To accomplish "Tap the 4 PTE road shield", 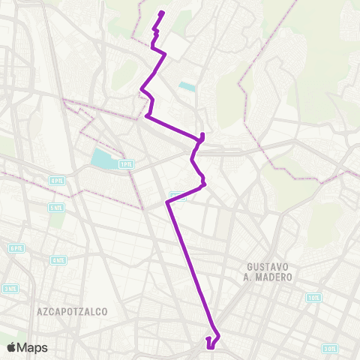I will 57,181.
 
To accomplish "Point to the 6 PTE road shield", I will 16,248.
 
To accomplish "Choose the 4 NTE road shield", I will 57,260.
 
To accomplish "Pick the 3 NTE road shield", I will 10,288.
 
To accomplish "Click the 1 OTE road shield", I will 313,297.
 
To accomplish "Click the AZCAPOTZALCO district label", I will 72,310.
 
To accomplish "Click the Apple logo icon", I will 12,347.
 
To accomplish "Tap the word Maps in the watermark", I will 33,347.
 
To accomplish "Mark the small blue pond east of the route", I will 187,87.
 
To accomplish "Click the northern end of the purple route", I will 162,13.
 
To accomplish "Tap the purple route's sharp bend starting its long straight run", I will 166,202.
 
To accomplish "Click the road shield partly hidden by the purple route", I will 175,196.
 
